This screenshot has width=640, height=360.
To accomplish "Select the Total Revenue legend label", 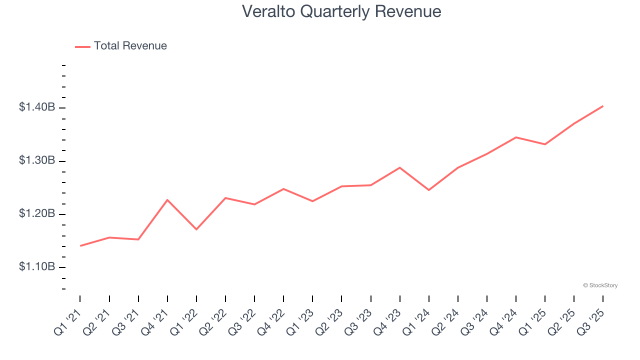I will [x=130, y=46].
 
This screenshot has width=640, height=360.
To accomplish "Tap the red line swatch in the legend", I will [x=82, y=46].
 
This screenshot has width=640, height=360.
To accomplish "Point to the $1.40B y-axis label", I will [x=37, y=107].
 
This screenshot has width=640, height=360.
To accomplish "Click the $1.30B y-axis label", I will [x=37, y=160].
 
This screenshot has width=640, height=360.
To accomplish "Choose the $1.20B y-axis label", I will [x=37, y=213].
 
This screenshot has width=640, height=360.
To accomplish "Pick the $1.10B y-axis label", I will [x=37, y=267].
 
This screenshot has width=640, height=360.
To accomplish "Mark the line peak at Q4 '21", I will [x=167, y=200].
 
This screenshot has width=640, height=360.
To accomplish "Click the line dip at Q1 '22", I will [x=196, y=229].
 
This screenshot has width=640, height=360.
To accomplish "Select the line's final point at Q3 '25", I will [x=603, y=106].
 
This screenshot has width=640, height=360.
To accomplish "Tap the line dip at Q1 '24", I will [x=429, y=190].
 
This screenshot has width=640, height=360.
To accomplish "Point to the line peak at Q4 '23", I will [x=400, y=167].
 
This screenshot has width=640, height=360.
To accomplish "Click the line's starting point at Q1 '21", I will [x=80, y=245].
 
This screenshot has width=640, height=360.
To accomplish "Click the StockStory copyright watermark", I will [x=600, y=285].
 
